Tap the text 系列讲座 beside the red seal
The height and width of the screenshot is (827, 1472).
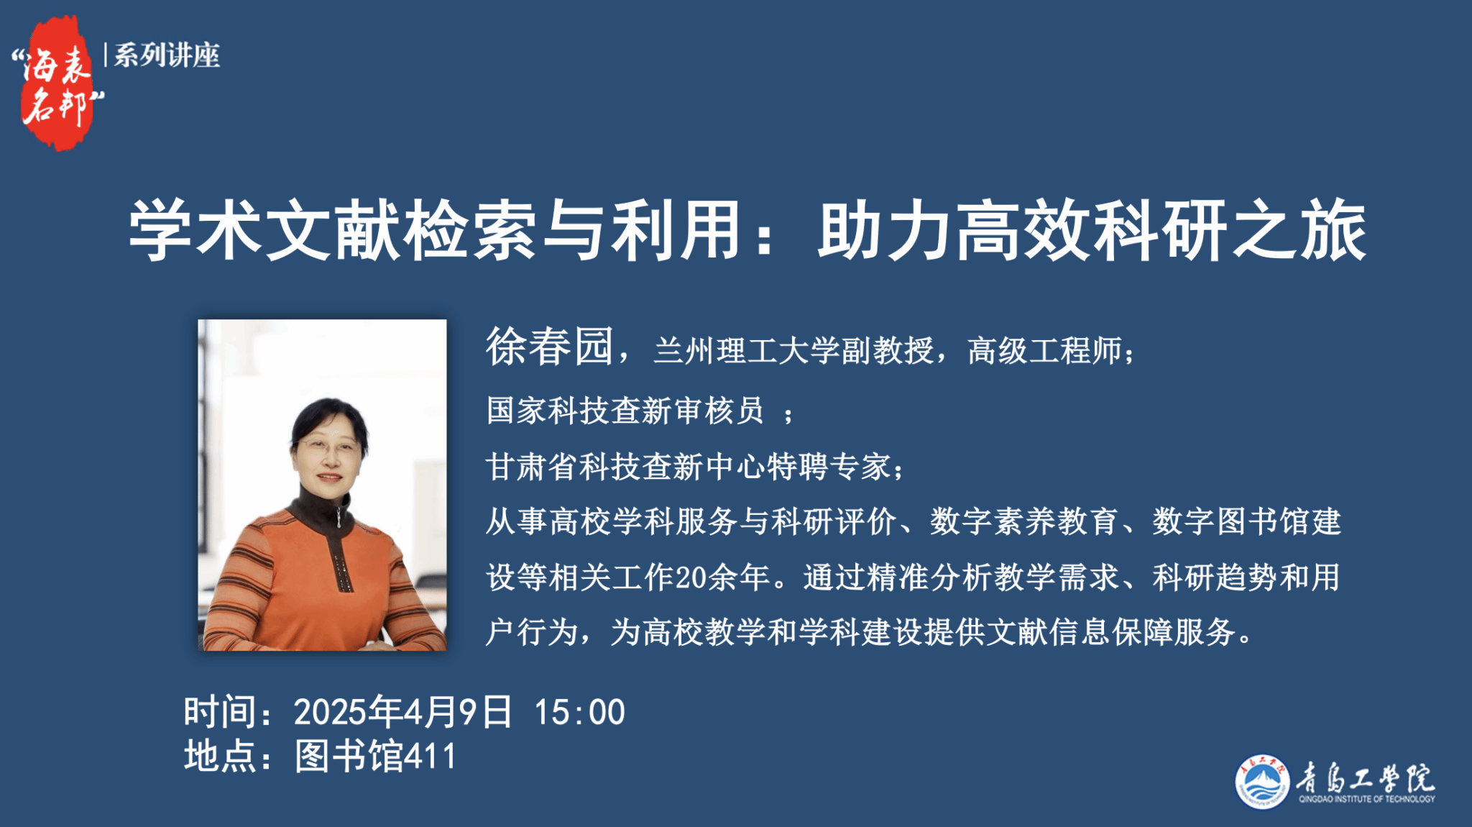click(167, 55)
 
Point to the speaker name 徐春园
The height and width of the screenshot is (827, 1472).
click(550, 347)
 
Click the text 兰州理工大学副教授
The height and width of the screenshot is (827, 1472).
click(793, 351)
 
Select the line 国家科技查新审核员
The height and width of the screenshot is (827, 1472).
click(625, 411)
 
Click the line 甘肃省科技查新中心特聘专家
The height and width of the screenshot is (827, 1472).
click(688, 467)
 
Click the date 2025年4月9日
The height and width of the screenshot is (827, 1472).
click(403, 712)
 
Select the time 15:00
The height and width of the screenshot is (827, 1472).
click(579, 713)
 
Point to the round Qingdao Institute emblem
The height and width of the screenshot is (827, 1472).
click(1262, 782)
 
